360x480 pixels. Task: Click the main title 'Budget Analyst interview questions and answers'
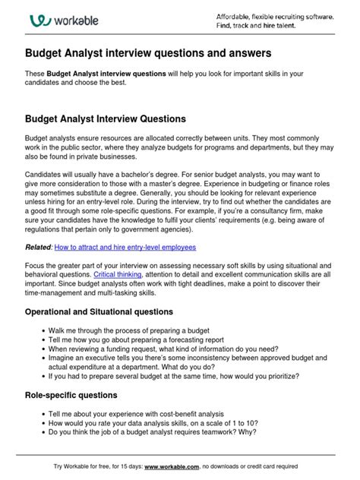(x=161, y=54)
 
